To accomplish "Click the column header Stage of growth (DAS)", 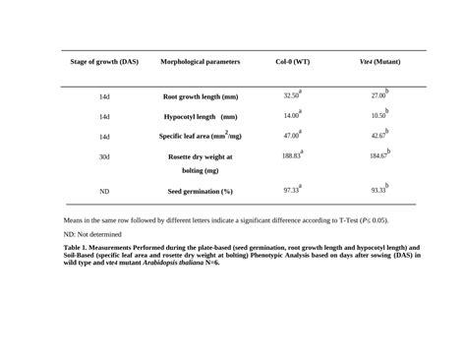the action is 104,62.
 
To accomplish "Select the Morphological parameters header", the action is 200,62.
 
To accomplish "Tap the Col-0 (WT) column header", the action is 292,62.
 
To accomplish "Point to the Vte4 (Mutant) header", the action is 380,62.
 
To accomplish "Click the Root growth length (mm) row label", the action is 201,97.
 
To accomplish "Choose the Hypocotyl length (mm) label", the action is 200,117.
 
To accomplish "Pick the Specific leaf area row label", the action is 201,137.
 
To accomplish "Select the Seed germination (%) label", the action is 200,191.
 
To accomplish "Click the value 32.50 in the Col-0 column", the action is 291,96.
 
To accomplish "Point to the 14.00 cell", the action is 291,116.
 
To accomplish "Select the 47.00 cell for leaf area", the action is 291,136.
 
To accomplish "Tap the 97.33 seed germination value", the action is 291,190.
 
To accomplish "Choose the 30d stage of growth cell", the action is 104,156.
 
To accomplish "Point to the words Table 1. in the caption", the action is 78,248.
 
